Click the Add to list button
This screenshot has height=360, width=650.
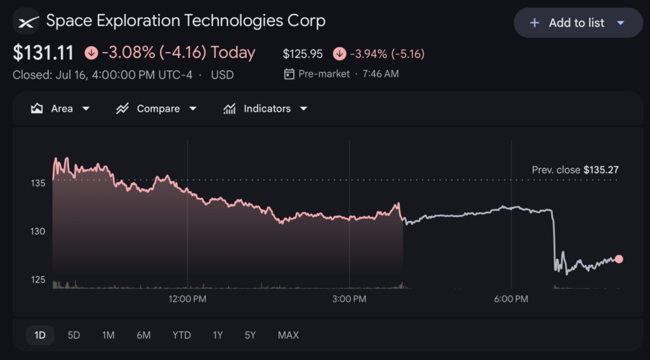pos(578,23)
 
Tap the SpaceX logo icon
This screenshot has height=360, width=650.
pos(26,21)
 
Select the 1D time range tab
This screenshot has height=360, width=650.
pos(40,335)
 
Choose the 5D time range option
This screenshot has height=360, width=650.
pos(74,335)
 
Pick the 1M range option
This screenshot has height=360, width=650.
pos(108,335)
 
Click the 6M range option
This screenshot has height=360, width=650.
pos(143,335)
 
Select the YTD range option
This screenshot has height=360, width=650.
pos(182,335)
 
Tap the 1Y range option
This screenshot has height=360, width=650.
pos(218,335)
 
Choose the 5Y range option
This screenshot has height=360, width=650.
pos(250,335)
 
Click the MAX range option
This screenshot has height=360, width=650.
pos(288,335)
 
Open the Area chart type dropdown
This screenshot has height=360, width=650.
pos(60,109)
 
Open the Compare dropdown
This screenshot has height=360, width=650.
pos(156,109)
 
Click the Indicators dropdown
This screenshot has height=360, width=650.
pos(265,109)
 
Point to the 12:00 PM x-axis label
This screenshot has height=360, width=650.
pos(187,299)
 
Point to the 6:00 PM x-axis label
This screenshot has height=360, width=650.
pos(511,299)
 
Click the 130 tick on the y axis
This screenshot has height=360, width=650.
pos(37,231)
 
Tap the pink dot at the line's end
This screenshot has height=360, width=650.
pos(619,259)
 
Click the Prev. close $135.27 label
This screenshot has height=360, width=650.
pos(575,170)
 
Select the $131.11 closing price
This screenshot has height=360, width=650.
pos(43,53)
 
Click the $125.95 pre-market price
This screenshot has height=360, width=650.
pos(303,54)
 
